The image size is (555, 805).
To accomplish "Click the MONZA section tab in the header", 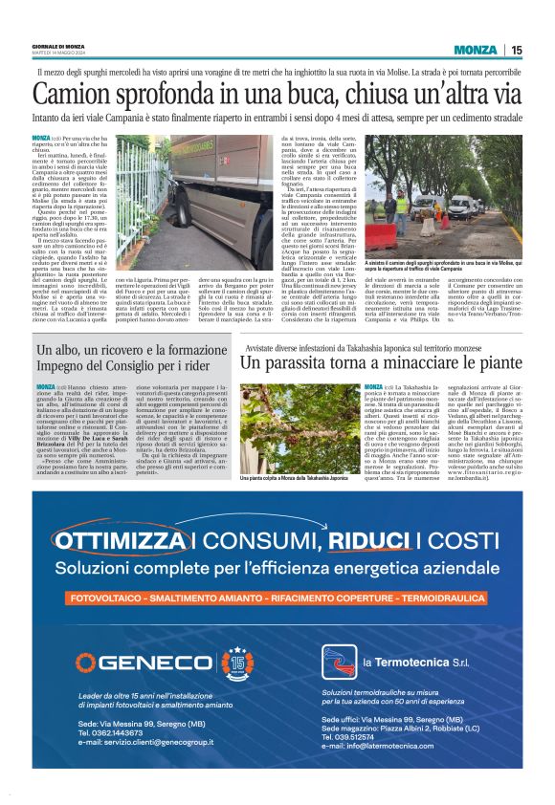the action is (x=476, y=50).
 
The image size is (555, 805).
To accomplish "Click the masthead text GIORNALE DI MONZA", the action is (x=63, y=46).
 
